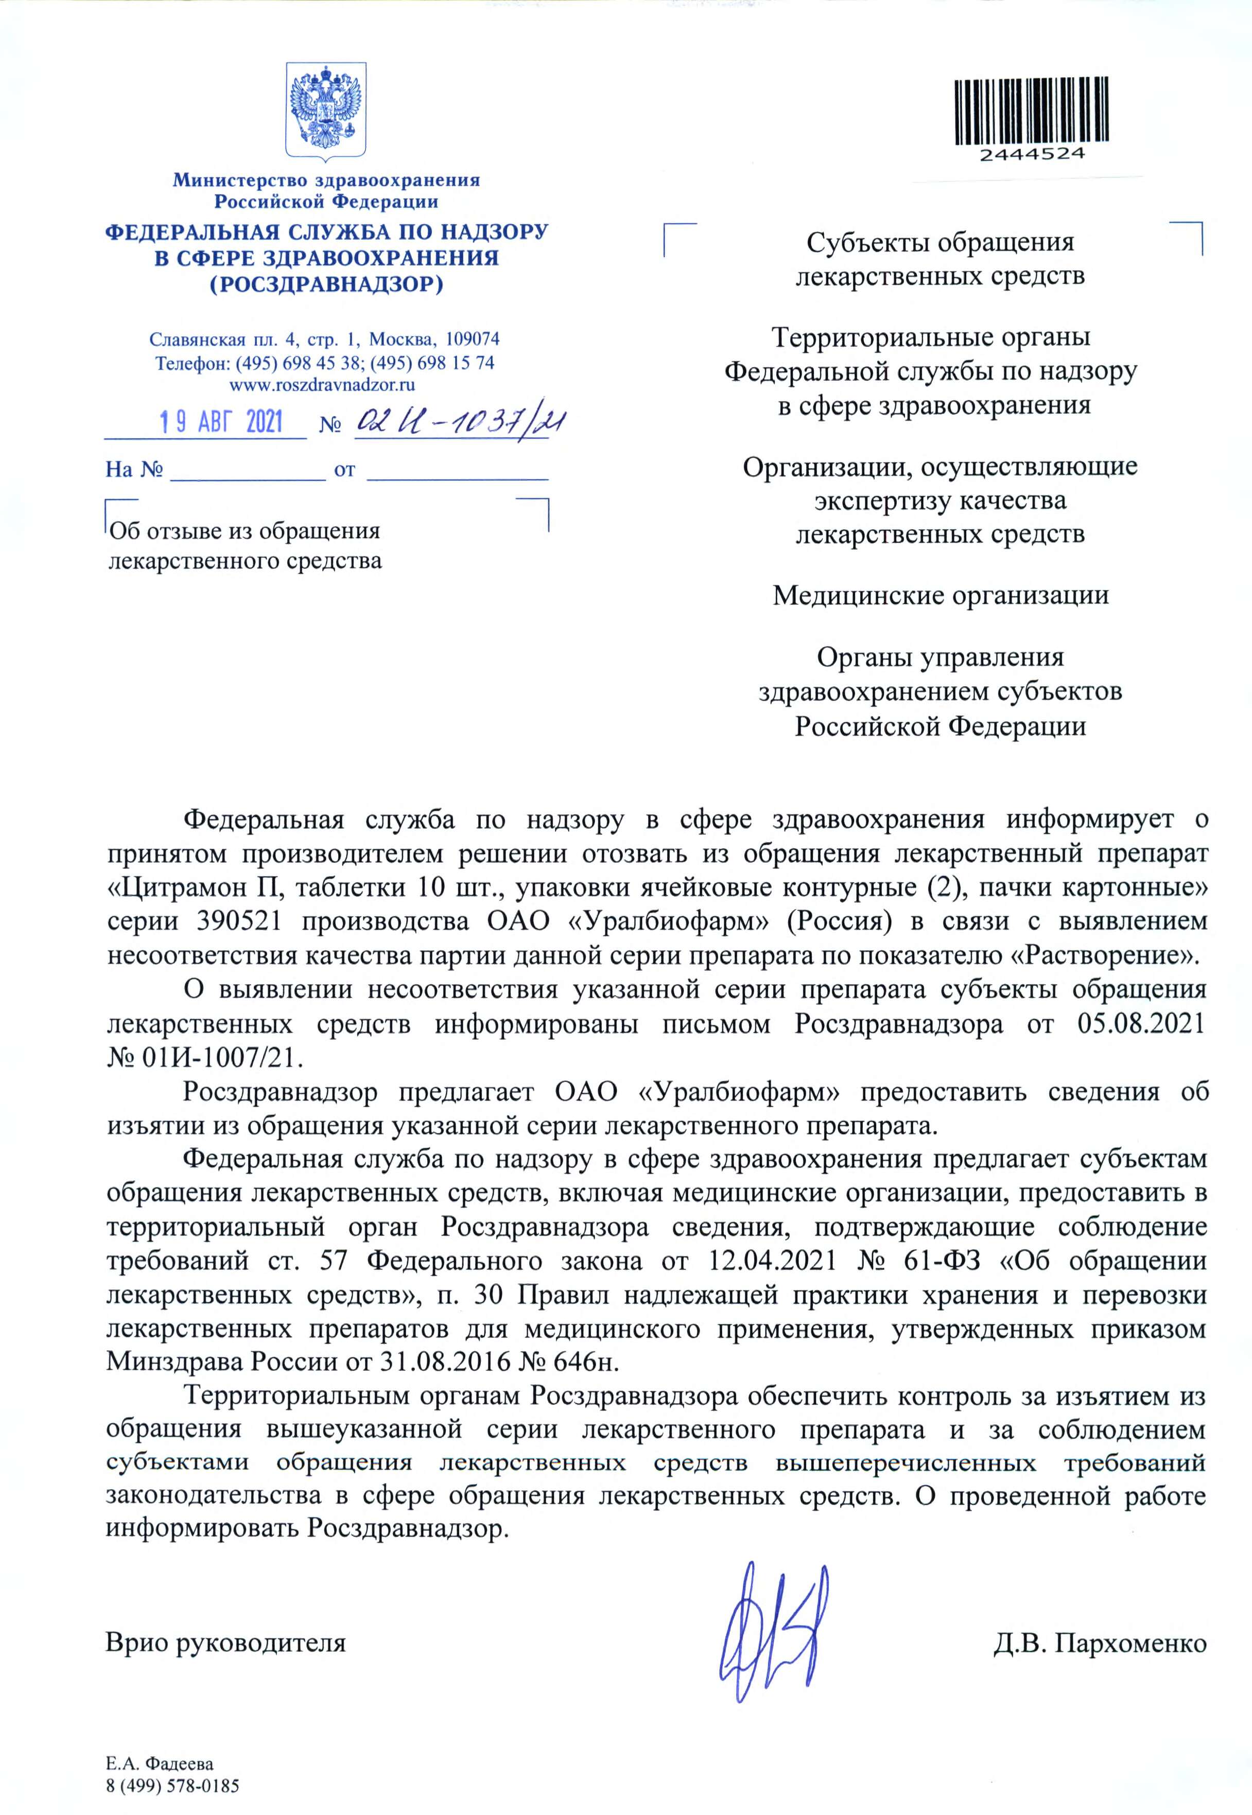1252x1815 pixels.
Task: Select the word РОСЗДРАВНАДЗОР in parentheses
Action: pyautogui.click(x=326, y=284)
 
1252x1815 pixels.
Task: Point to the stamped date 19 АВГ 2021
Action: pyautogui.click(x=221, y=423)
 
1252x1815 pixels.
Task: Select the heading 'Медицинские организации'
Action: pyautogui.click(x=941, y=596)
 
